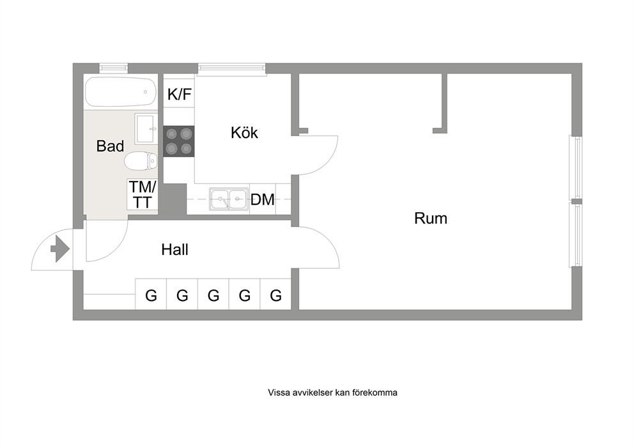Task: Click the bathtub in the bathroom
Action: (x=121, y=92)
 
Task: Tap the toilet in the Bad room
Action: (x=141, y=162)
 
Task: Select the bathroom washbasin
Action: (x=145, y=129)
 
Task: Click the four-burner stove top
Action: (x=179, y=141)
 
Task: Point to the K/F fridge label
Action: (x=179, y=95)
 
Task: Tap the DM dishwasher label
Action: (x=263, y=199)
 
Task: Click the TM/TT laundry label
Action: (x=143, y=195)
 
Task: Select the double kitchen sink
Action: (x=228, y=199)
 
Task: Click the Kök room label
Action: (x=244, y=133)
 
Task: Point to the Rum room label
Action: (x=431, y=219)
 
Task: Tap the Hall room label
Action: (x=174, y=249)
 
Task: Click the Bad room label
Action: (x=110, y=146)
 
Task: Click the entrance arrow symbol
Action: (x=60, y=249)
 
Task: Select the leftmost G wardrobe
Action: (x=151, y=295)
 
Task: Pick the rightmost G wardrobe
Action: (x=275, y=295)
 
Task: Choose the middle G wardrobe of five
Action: (x=213, y=295)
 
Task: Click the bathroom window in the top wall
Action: (x=114, y=68)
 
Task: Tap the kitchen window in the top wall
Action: (x=232, y=69)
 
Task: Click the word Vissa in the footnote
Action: (x=278, y=392)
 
